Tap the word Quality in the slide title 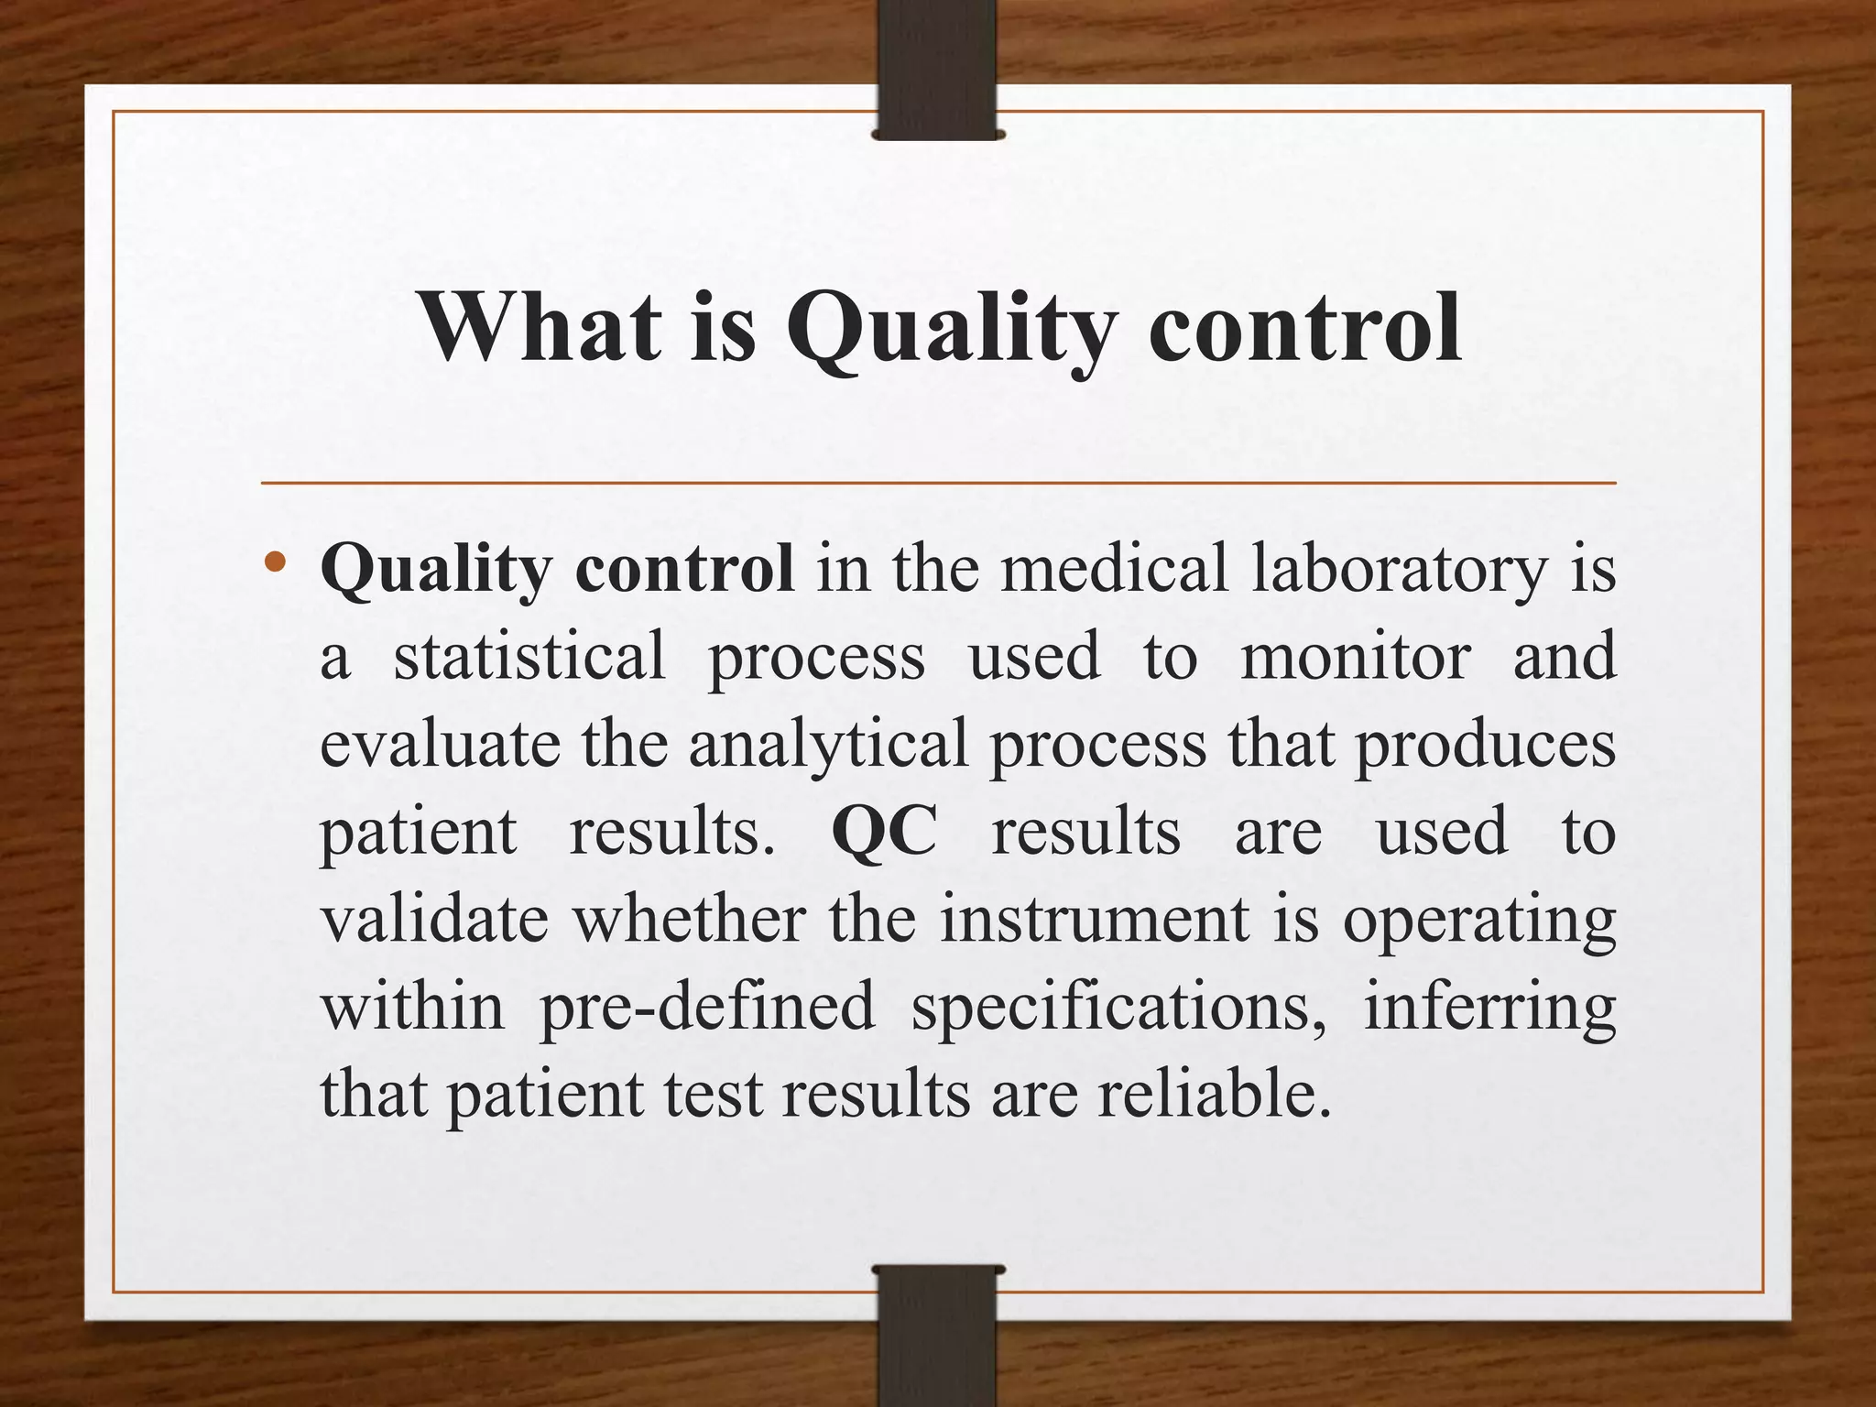[950, 332]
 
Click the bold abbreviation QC [885, 832]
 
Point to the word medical [1114, 569]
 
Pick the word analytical [829, 746]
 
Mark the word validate [434, 919]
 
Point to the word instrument [1095, 919]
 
